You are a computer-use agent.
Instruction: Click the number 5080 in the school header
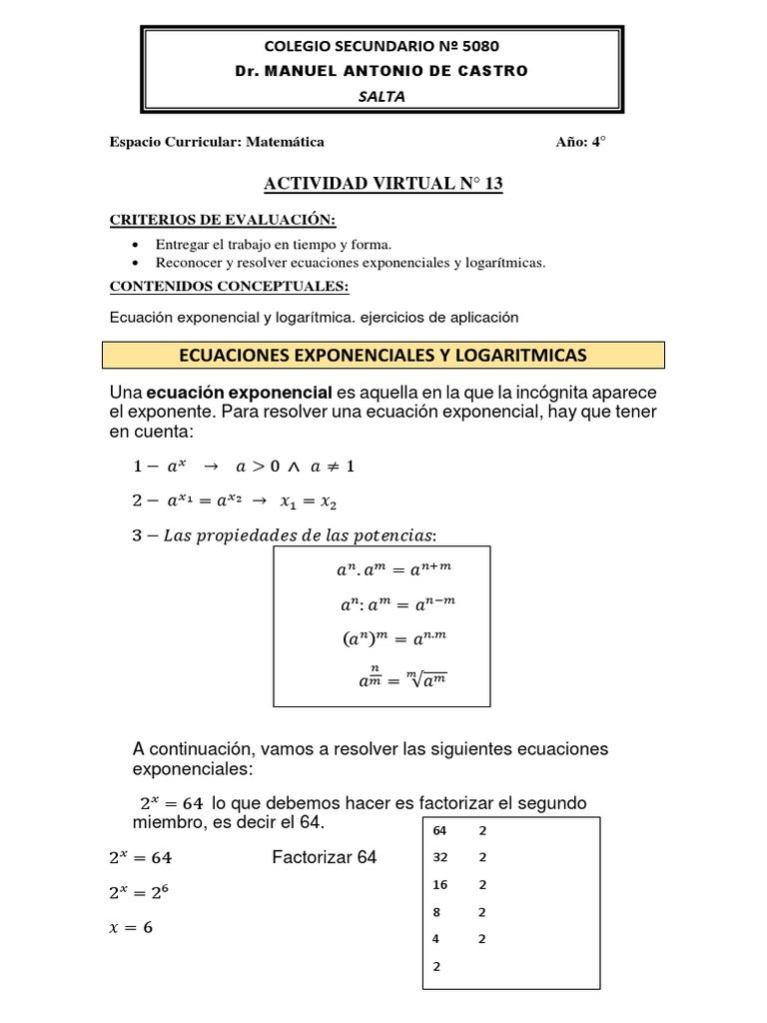[x=477, y=45]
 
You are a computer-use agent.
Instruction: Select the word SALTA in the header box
[x=383, y=96]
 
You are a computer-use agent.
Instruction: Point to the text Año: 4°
[x=580, y=142]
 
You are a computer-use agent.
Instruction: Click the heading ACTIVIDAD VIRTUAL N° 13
[x=383, y=183]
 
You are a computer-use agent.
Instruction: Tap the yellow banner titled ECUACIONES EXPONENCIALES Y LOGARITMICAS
[x=383, y=355]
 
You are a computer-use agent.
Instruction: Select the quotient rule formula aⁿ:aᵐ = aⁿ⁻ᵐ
[x=397, y=604]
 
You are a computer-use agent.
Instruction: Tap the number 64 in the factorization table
[x=439, y=830]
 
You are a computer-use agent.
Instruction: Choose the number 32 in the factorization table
[x=439, y=857]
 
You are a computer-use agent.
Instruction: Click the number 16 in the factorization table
[x=439, y=884]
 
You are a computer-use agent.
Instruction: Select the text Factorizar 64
[x=324, y=857]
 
